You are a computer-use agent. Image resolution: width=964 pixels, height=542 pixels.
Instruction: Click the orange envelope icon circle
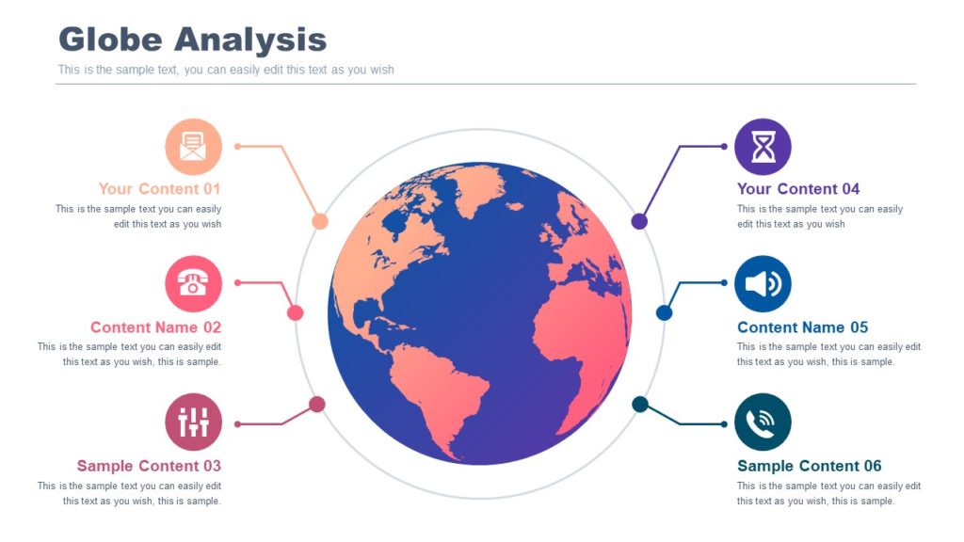click(x=193, y=147)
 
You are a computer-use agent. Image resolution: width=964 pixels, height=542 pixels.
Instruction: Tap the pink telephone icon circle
click(x=193, y=283)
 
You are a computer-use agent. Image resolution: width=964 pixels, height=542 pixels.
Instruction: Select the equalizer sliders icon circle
click(x=193, y=422)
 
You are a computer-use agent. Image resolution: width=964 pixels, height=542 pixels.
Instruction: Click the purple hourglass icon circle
click(x=763, y=147)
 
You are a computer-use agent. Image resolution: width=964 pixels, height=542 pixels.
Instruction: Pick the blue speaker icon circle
click(x=763, y=283)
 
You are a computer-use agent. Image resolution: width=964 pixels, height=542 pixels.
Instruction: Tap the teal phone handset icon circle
click(x=763, y=422)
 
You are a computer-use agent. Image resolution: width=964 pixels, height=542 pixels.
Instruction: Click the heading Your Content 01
click(x=159, y=189)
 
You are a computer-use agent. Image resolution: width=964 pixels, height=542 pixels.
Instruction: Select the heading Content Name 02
click(x=155, y=327)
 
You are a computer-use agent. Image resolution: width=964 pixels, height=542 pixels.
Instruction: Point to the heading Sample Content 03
click(x=149, y=466)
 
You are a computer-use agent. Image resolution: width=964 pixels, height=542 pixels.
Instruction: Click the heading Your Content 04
click(x=798, y=189)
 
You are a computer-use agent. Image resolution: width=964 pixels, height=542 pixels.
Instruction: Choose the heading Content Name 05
click(x=802, y=327)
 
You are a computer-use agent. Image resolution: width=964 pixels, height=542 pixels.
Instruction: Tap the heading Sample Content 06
click(x=809, y=466)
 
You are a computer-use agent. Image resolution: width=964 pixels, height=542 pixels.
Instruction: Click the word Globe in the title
click(x=110, y=40)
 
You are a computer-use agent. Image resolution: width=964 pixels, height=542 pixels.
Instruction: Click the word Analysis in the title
click(x=249, y=40)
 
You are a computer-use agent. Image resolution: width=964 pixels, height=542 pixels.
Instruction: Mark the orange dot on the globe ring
click(x=320, y=221)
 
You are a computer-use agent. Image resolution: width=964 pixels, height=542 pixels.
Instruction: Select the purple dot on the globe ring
click(x=639, y=221)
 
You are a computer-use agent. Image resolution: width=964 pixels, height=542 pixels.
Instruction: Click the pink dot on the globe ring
click(x=295, y=312)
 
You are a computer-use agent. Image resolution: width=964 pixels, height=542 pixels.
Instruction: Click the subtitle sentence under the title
click(x=226, y=70)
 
